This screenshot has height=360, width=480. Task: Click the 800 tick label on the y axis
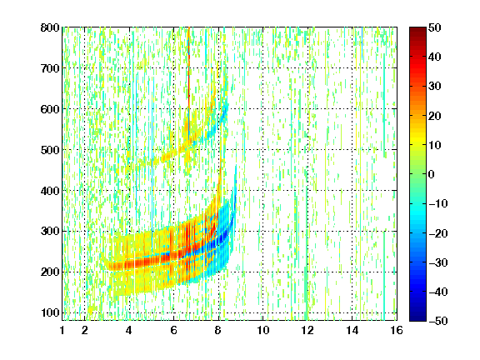pyautogui.click(x=50, y=27)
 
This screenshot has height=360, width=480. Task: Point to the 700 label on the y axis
pyautogui.click(x=50, y=68)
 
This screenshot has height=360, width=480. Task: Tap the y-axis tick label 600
pyautogui.click(x=50, y=109)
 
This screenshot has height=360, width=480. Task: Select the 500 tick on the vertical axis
pyautogui.click(x=50, y=150)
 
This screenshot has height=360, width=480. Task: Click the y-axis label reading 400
pyautogui.click(x=50, y=191)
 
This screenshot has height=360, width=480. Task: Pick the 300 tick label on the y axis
pyautogui.click(x=50, y=232)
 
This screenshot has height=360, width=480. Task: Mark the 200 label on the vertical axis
pyautogui.click(x=50, y=272)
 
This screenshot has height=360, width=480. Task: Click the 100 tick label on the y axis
pyautogui.click(x=50, y=312)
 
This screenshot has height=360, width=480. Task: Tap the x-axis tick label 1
pyautogui.click(x=62, y=330)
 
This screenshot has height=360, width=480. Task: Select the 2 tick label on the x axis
pyautogui.click(x=85, y=330)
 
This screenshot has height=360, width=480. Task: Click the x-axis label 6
pyautogui.click(x=173, y=330)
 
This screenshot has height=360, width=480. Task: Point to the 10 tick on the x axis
pyautogui.click(x=263, y=330)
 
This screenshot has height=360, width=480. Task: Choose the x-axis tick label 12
pyautogui.click(x=307, y=330)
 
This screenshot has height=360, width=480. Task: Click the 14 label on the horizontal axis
pyautogui.click(x=352, y=330)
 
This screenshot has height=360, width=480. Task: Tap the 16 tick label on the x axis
pyautogui.click(x=397, y=330)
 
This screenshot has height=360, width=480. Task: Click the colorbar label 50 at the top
pyautogui.click(x=435, y=27)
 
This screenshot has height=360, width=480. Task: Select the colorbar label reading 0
pyautogui.click(x=432, y=174)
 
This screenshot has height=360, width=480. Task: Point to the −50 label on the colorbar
pyautogui.click(x=438, y=321)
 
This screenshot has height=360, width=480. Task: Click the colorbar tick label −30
pyautogui.click(x=438, y=262)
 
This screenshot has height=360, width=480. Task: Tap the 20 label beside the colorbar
pyautogui.click(x=435, y=116)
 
